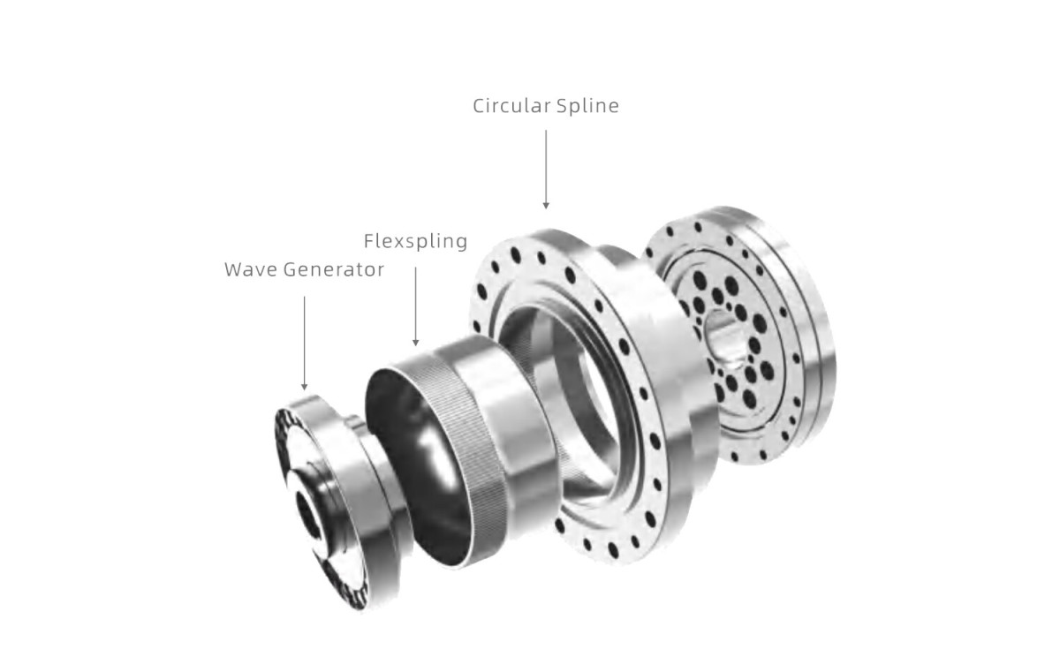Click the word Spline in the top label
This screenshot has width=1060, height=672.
588,106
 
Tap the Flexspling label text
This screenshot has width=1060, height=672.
415,241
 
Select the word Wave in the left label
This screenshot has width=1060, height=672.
251,270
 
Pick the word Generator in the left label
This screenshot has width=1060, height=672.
334,270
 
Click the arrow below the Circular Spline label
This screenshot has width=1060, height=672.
546,169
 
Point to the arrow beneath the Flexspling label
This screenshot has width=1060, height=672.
415,300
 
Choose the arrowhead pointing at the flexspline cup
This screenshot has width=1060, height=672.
415,342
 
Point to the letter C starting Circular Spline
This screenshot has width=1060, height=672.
479,106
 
